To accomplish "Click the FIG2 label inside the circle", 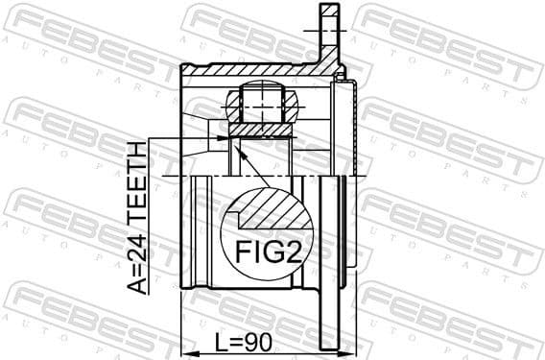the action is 269,252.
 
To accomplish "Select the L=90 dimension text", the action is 243,343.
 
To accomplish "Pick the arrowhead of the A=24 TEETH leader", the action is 224,138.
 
